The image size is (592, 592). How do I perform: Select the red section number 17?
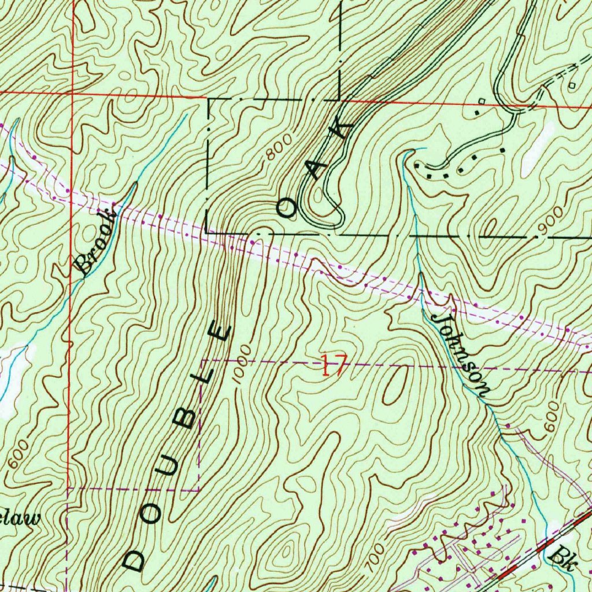point(334,367)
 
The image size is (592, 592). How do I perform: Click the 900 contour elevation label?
point(549,223)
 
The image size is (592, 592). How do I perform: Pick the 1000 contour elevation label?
point(243,362)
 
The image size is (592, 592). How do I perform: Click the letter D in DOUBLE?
point(134,559)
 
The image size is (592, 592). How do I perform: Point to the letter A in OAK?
point(317,169)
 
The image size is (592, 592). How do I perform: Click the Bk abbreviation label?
point(561,557)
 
